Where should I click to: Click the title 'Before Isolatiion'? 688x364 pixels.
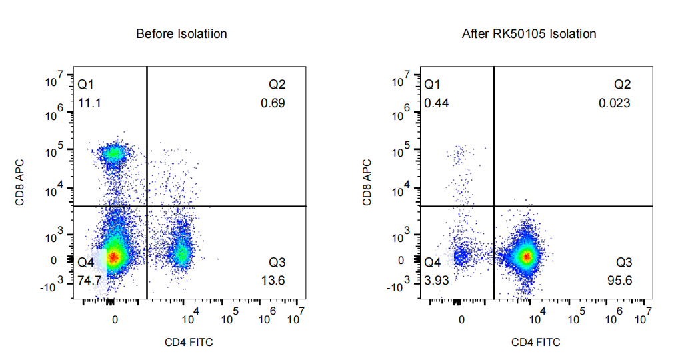[181, 33]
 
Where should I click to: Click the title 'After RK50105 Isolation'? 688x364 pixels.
[529, 33]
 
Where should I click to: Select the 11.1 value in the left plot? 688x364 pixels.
[89, 103]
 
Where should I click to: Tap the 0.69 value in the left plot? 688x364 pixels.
[273, 103]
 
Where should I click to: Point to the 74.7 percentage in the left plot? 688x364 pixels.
[89, 280]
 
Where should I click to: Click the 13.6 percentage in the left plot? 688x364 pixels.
[273, 280]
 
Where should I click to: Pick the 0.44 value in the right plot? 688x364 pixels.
[436, 103]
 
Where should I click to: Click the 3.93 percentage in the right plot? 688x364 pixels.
[437, 280]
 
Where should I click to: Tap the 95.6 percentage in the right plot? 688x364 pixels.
[620, 280]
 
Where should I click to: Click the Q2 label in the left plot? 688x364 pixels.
[277, 85]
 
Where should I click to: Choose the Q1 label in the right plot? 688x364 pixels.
[433, 85]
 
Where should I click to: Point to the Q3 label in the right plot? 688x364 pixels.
[623, 262]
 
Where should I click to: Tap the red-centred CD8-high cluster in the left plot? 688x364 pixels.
[114, 153]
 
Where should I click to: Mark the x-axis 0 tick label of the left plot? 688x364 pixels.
[115, 319]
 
